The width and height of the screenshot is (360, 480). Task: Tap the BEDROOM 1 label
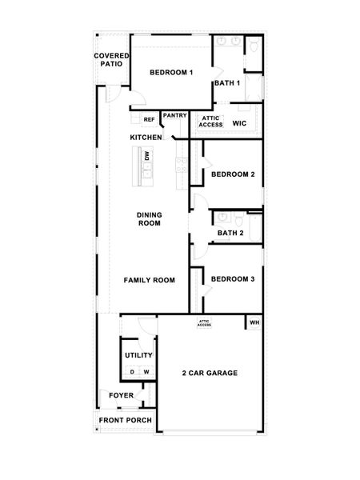click(171, 73)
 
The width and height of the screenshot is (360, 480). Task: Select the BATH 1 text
click(227, 83)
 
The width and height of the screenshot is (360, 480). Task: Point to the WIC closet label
click(238, 124)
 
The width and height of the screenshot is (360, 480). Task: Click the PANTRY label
click(174, 115)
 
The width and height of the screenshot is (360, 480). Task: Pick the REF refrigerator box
click(149, 120)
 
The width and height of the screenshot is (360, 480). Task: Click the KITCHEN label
click(146, 138)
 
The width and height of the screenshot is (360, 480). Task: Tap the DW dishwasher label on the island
click(147, 158)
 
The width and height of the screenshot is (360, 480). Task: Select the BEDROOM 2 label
click(233, 174)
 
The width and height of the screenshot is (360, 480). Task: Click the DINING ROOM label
click(149, 218)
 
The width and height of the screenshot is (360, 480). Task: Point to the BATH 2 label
click(230, 234)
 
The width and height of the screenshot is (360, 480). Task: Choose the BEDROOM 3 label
click(233, 278)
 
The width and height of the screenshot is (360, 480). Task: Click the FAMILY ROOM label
click(149, 280)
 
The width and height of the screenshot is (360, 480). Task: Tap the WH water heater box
click(254, 323)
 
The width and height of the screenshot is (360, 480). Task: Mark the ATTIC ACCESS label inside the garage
click(204, 323)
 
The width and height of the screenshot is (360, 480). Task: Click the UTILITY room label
click(138, 354)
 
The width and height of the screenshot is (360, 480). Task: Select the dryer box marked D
click(132, 372)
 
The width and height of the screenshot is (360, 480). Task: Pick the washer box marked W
click(146, 372)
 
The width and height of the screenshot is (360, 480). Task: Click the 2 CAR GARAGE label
click(210, 373)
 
